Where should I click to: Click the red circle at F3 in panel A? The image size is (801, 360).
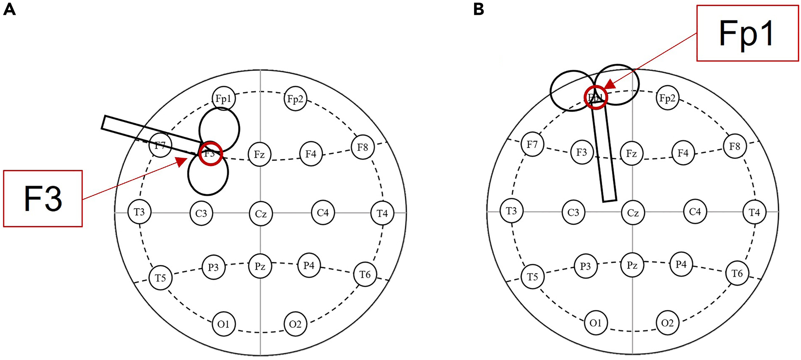[x=210, y=154]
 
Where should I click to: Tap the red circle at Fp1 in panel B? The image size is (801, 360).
[x=595, y=97]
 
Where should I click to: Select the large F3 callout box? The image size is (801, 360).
[x=43, y=199]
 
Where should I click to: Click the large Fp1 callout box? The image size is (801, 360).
[x=747, y=33]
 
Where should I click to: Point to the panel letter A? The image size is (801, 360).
[x=9, y=10]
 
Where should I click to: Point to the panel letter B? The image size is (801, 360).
[x=478, y=10]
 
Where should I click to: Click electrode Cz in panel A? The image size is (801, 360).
[x=260, y=214]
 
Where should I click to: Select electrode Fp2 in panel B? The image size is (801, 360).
[x=667, y=98]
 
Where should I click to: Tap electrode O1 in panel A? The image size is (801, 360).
[x=223, y=324]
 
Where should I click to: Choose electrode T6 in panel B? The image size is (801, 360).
[x=737, y=273]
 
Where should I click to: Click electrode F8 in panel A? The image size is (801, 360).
[x=362, y=147]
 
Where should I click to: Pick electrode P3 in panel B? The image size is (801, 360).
[x=585, y=266]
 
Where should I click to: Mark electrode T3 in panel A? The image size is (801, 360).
[x=139, y=212]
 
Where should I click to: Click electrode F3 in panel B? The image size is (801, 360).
[x=582, y=152]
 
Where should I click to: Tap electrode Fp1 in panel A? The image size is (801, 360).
[x=223, y=98]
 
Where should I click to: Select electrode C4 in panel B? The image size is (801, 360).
[x=695, y=212]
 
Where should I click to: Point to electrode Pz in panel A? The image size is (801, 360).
[x=260, y=267]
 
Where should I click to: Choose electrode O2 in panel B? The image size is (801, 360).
[x=667, y=323]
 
